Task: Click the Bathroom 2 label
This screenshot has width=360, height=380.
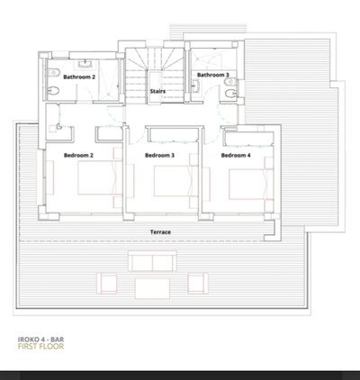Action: click(x=79, y=77)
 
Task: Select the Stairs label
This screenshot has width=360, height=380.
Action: click(x=157, y=91)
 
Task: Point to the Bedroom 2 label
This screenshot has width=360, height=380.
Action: click(x=78, y=155)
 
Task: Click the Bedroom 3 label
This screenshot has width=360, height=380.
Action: click(x=159, y=155)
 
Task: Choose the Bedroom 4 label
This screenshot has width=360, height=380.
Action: click(x=236, y=155)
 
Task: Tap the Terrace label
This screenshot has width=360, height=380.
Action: click(x=160, y=232)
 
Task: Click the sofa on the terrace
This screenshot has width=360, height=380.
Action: click(x=152, y=261)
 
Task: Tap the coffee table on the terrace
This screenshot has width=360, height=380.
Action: click(x=152, y=288)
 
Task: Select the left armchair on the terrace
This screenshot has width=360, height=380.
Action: click(x=107, y=283)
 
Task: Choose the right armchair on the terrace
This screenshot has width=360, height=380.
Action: click(x=198, y=283)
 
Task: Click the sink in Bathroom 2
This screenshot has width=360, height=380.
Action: click(x=85, y=64)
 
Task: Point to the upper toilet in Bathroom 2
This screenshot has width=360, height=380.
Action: click(x=54, y=72)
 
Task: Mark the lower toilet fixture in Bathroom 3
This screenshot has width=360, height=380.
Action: click(x=230, y=94)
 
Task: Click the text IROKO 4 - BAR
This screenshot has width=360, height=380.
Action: click(x=40, y=339)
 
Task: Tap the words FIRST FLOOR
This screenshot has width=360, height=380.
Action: click(x=40, y=347)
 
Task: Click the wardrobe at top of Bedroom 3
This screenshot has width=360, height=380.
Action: click(x=173, y=135)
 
